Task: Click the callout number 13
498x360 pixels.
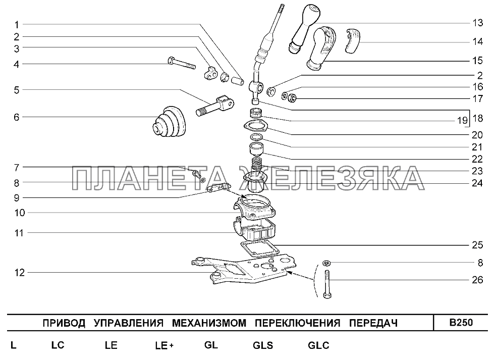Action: point(477,23)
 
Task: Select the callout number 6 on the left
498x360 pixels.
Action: point(17,117)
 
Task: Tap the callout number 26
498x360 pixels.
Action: point(477,280)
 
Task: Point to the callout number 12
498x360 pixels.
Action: point(19,273)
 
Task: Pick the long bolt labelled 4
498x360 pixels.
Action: point(181,63)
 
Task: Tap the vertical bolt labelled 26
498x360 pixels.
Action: point(327,284)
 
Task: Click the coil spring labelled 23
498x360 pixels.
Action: point(256,165)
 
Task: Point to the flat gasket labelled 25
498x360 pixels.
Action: point(260,249)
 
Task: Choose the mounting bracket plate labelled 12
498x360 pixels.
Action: point(244,270)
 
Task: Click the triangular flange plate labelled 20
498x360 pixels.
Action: point(256,126)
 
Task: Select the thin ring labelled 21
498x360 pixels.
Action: point(256,137)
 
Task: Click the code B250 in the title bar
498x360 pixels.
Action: point(461,323)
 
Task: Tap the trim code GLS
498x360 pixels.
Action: point(263,345)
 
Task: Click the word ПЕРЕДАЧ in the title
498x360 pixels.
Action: point(373,323)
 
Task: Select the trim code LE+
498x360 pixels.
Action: point(164,345)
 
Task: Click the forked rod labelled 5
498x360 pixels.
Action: point(215,106)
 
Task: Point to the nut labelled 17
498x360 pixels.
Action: point(292,98)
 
